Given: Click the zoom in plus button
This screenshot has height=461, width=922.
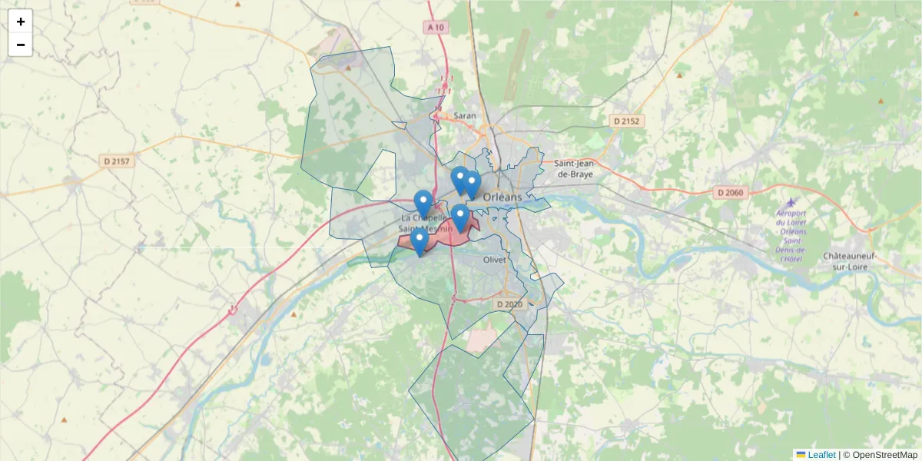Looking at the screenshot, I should click(21, 22).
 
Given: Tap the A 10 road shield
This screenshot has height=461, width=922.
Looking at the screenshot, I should click(436, 27).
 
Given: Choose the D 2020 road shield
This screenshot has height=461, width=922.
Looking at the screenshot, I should click(509, 304).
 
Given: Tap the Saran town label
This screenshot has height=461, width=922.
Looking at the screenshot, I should click(465, 116).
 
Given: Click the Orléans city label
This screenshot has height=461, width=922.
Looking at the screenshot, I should click(502, 197).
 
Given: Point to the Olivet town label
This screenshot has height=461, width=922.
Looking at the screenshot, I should click(494, 260).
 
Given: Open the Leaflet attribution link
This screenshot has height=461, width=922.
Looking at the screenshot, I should click(821, 455).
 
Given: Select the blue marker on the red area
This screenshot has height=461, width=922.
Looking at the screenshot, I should click(459, 219).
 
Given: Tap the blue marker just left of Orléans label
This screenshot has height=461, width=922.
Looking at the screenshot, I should click(472, 185).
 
